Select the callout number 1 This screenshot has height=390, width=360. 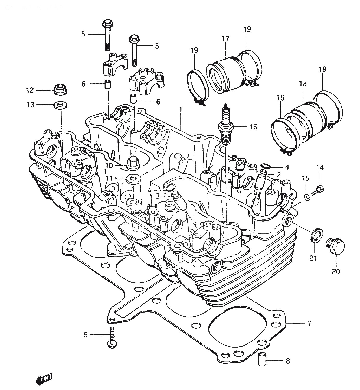[180, 110]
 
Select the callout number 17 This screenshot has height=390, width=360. [225, 39]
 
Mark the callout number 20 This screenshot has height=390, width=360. [336, 271]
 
